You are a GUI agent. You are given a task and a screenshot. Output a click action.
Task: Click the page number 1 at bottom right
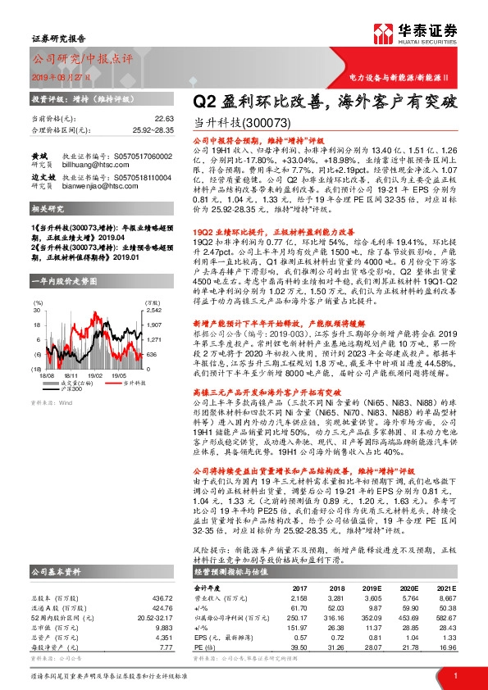pos(454,675)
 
